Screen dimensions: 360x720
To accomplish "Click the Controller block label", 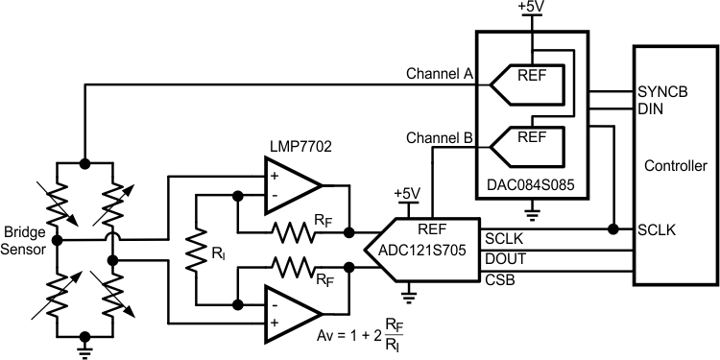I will click(674, 163).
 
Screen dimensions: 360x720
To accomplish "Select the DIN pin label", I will click(649, 109).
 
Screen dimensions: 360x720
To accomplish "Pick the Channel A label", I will click(436, 73).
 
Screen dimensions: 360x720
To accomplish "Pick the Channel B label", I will click(436, 137).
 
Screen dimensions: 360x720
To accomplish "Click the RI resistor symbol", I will click(198, 252).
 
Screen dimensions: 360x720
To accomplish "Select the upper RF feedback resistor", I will click(294, 230).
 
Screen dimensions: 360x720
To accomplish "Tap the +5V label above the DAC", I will click(531, 8).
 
